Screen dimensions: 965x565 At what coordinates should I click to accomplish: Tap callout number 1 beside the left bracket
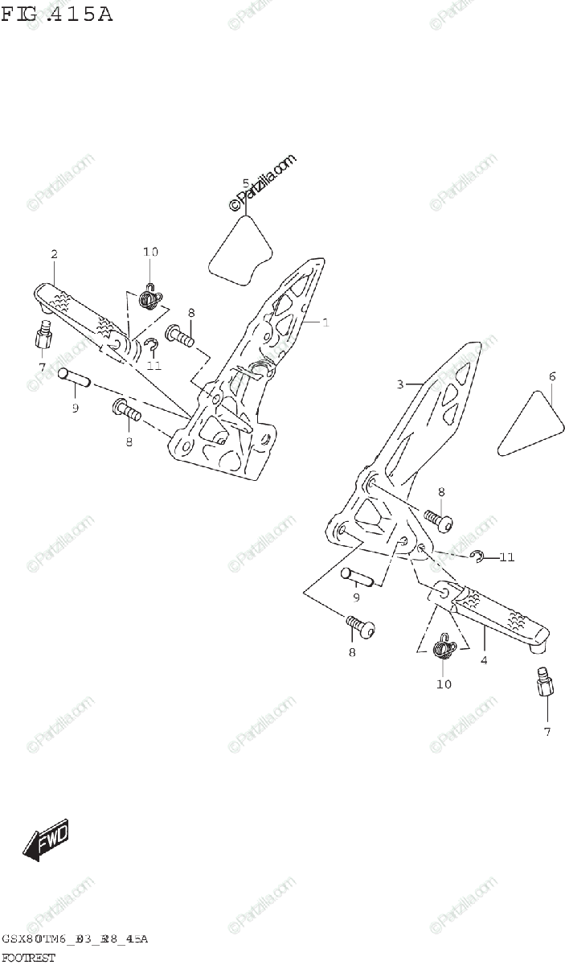pos(326,322)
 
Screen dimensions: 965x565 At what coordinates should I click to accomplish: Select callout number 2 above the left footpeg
pos(54,254)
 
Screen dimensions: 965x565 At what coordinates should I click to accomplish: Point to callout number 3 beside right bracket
pos(399,384)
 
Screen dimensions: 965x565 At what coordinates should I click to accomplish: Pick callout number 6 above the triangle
pos(552,376)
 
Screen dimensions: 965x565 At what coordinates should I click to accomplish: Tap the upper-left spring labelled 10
pos(149,298)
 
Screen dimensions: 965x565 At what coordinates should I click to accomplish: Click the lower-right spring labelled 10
pos(444,646)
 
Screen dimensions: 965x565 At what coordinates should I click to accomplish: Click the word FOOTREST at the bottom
pos(29,957)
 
